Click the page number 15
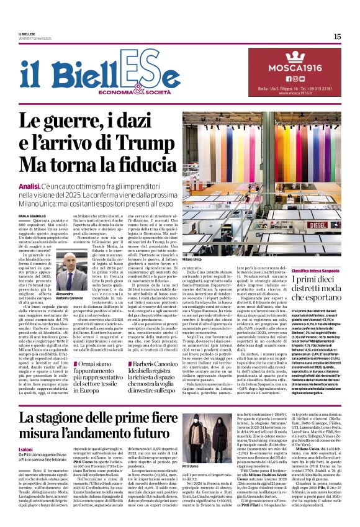[x=336, y=37]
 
